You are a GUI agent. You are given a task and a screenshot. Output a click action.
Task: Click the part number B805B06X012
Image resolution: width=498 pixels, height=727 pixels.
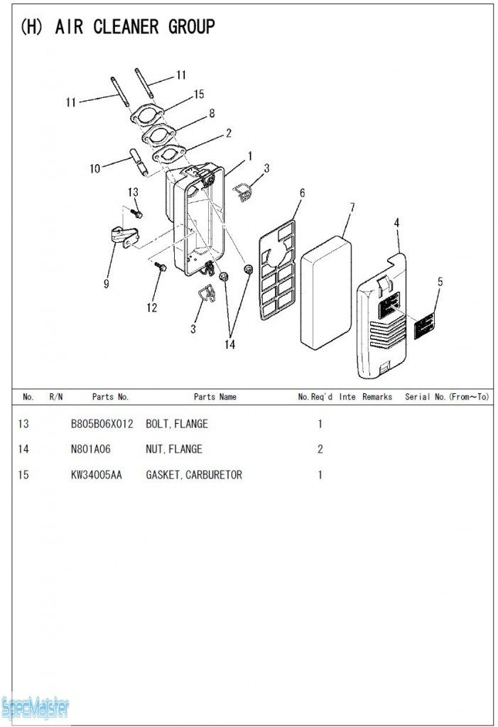tap(102, 424)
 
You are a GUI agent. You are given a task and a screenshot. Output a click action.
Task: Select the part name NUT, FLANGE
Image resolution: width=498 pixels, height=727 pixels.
tap(174, 449)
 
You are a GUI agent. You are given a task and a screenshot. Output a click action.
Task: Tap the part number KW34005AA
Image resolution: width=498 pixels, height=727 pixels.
tap(96, 474)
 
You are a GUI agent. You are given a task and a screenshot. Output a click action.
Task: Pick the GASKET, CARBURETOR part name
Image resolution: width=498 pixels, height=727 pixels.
tap(194, 474)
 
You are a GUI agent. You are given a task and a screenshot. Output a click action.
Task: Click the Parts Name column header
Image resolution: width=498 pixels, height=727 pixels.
tap(215, 397)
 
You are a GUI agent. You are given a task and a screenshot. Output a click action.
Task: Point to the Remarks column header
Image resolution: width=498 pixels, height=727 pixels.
tap(377, 397)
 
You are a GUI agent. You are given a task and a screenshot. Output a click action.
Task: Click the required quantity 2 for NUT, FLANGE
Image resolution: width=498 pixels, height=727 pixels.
tap(320, 449)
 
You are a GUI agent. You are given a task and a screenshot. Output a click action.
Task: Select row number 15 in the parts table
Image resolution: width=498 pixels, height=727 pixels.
tap(23, 474)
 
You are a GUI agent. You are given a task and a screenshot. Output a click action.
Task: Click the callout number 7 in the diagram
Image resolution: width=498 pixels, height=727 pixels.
tap(352, 207)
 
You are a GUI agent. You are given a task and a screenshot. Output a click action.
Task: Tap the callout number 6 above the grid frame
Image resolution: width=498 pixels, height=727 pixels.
tap(302, 192)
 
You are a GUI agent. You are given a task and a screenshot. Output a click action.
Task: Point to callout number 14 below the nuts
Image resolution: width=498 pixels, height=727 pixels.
tap(229, 344)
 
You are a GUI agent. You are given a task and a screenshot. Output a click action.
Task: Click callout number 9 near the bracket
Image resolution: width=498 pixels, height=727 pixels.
tap(106, 284)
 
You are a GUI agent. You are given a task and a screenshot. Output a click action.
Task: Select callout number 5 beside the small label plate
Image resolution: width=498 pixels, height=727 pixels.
tap(440, 281)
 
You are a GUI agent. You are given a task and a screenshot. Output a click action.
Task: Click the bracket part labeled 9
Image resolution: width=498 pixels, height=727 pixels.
tap(122, 236)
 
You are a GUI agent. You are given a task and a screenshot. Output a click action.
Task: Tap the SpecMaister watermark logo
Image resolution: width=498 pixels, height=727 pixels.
tap(36, 707)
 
